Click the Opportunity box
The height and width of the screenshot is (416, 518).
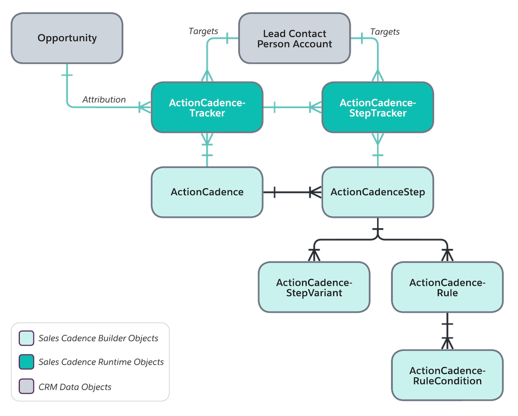[67, 38]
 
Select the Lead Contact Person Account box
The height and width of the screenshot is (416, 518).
[294, 39]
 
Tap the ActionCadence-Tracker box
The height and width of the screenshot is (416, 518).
[207, 108]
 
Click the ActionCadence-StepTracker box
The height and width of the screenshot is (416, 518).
[378, 108]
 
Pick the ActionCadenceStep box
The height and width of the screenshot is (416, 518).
[378, 192]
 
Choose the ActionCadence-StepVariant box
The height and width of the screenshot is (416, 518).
[314, 288]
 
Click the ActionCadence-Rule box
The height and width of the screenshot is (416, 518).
[447, 288]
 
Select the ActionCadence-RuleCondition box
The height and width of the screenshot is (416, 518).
[447, 376]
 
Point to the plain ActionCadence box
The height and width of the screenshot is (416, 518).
[207, 192]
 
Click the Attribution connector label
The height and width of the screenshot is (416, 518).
[104, 99]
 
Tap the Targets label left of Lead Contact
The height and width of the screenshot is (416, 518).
[203, 31]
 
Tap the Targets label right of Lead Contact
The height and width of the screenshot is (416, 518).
[385, 32]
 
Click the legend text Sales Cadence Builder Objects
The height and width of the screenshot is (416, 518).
[98, 339]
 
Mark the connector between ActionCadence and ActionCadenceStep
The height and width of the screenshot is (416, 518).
[292, 192]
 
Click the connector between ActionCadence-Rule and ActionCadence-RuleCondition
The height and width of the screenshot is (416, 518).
[447, 331]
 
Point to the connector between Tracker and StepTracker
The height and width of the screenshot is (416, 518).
[292, 108]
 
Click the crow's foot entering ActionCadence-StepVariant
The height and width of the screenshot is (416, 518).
[314, 254]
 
